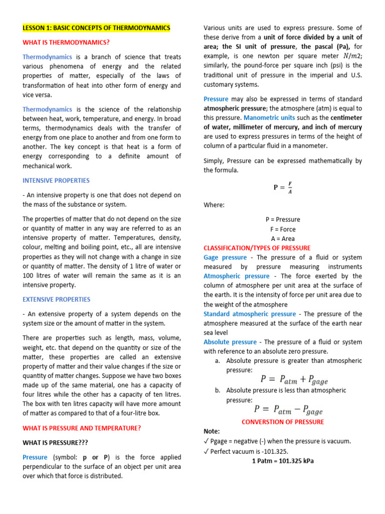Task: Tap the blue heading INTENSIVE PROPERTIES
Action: (56, 180)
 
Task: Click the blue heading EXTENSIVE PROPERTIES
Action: (57, 299)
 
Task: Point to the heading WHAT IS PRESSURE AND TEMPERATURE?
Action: (82, 428)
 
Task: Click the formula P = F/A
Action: (283, 187)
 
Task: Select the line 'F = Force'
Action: (283, 229)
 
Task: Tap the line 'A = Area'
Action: (283, 238)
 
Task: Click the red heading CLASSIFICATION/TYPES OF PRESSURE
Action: (257, 248)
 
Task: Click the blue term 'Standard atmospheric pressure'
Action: (250, 314)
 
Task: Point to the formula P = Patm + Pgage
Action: (292, 379)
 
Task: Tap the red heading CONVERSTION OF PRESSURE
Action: (283, 422)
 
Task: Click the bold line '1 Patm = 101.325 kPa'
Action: (283, 460)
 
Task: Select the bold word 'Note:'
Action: (212, 431)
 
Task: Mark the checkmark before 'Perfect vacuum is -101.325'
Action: (206, 451)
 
